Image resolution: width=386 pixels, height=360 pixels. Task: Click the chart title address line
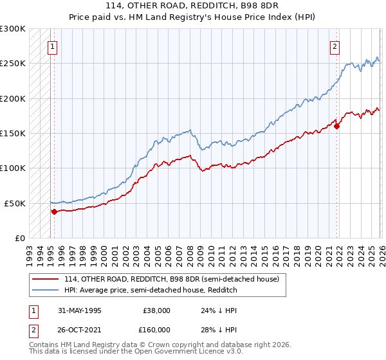click(193, 6)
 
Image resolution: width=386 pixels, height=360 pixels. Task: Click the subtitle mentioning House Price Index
click(193, 17)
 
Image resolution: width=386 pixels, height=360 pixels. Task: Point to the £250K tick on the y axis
click(13, 64)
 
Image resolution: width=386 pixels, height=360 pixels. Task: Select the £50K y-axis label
click(15, 203)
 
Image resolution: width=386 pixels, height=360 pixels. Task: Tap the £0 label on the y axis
click(19, 238)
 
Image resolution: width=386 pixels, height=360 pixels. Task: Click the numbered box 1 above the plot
click(51, 46)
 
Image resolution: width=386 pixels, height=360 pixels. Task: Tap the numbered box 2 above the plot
click(336, 46)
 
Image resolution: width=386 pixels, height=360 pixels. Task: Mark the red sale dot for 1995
click(54, 211)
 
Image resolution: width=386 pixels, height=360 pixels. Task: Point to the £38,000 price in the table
click(156, 310)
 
